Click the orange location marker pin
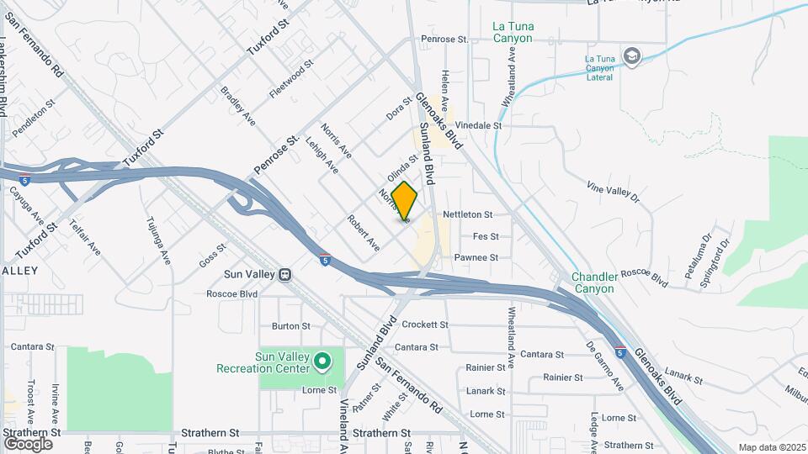404,201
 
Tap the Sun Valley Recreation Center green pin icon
322,362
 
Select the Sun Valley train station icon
285,274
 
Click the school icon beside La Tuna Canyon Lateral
633,57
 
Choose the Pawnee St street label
476,257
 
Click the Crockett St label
424,325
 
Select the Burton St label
291,325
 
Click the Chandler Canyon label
594,282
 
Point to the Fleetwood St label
291,78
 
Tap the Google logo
29,443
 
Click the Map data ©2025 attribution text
771,448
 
